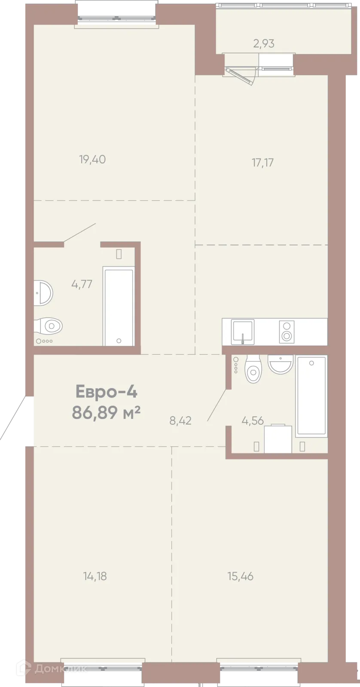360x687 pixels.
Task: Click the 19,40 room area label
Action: [92, 159]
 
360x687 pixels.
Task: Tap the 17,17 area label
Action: [263, 162]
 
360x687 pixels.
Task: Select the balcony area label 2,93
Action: [264, 43]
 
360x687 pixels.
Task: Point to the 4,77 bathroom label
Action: [82, 284]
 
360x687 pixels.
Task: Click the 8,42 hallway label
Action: [180, 420]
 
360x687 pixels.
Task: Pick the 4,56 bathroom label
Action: [253, 420]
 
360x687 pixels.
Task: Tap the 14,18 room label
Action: [95, 576]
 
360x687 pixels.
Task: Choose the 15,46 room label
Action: [241, 576]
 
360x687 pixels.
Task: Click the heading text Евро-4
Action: [106, 392]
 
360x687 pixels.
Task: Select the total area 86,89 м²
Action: [106, 412]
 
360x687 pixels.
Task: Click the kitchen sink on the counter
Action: [243, 331]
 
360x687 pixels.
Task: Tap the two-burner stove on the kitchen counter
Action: [287, 331]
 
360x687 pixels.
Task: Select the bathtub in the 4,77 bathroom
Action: [119, 306]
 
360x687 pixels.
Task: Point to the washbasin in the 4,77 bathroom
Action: [43, 293]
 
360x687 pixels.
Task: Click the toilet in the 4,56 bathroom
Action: [253, 368]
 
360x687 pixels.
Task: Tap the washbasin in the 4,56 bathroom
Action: [280, 364]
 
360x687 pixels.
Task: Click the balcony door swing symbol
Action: [241, 76]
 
